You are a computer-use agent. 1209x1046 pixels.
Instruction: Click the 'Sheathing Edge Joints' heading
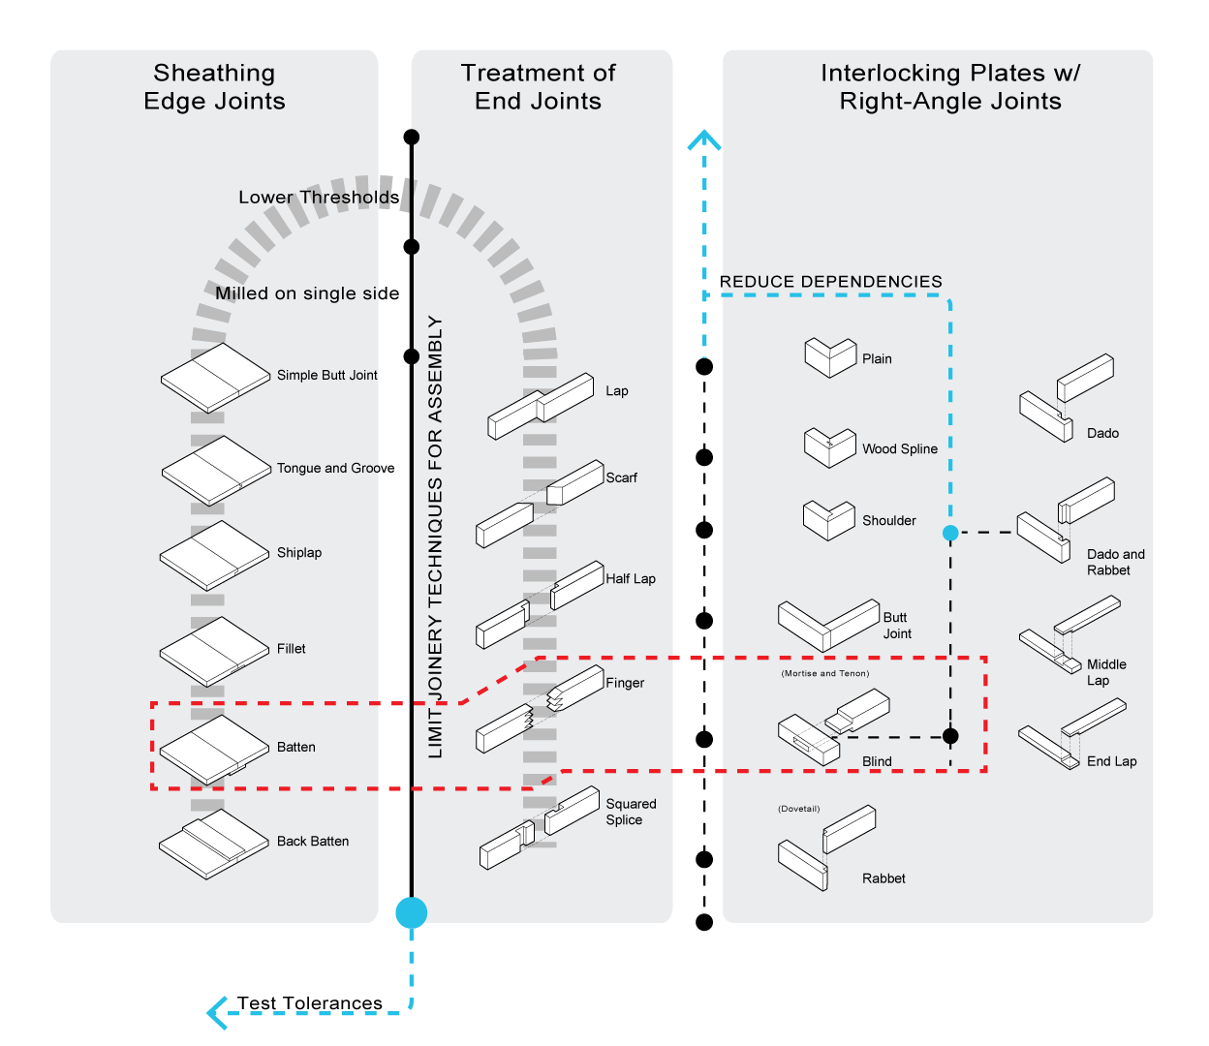(x=214, y=87)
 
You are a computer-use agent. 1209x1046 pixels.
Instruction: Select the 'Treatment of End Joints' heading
(x=538, y=87)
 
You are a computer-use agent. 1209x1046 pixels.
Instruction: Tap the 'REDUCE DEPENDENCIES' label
(x=831, y=282)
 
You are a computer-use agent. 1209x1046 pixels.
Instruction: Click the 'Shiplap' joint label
(x=299, y=553)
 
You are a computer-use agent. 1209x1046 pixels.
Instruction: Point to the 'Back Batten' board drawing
(x=213, y=844)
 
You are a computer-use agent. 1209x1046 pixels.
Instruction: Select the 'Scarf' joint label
(x=622, y=477)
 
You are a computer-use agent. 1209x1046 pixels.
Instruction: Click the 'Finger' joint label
(x=625, y=683)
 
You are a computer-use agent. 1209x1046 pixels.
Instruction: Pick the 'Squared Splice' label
(x=631, y=812)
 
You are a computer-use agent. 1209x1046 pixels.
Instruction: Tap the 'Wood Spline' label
(x=900, y=449)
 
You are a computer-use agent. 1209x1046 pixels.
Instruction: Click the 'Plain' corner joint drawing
(x=830, y=357)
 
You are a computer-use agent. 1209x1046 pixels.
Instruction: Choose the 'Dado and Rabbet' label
(x=1115, y=563)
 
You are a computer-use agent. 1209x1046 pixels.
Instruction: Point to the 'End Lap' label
(x=1111, y=761)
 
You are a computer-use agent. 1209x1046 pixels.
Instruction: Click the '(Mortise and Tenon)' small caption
(x=825, y=673)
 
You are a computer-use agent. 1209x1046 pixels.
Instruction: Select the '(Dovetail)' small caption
(x=799, y=809)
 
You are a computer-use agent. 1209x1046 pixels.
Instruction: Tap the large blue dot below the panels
(x=411, y=912)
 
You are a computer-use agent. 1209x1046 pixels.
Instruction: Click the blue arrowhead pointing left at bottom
(x=217, y=1013)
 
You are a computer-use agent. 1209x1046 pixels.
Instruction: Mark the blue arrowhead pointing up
(x=704, y=140)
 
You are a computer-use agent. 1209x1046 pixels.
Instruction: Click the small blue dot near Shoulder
(x=950, y=533)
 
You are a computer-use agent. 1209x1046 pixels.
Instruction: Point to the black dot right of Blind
(x=950, y=736)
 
